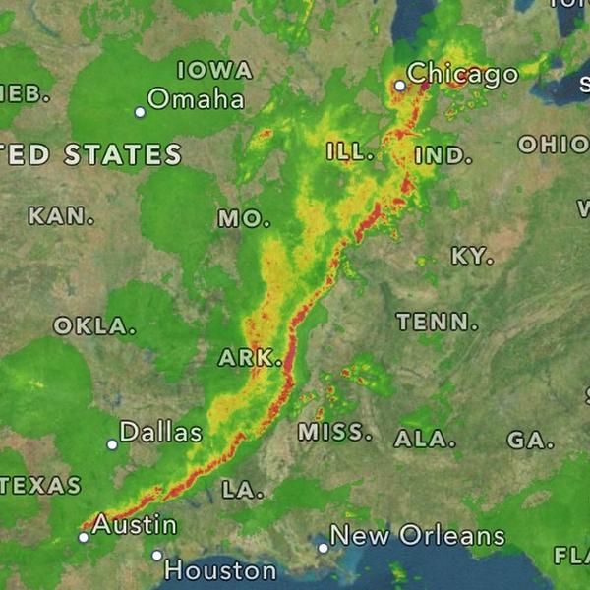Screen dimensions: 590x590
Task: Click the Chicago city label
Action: pyautogui.click(x=463, y=74)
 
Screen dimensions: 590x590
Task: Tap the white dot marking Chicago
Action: pyautogui.click(x=400, y=86)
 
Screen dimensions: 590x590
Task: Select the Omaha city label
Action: pyautogui.click(x=197, y=99)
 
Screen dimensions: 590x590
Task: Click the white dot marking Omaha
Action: pyautogui.click(x=140, y=112)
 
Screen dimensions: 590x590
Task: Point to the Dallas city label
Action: pyautogui.click(x=160, y=432)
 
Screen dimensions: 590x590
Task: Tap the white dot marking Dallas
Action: pyautogui.click(x=112, y=444)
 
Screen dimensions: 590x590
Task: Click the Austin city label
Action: pyautogui.click(x=135, y=525)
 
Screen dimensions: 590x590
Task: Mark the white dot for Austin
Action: pyautogui.click(x=84, y=537)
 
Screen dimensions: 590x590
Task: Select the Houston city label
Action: pyautogui.click(x=220, y=570)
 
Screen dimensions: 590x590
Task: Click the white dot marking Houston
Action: pyautogui.click(x=156, y=556)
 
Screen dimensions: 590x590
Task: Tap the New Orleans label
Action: pyautogui.click(x=417, y=536)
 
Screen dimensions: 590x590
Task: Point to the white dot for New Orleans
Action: pyautogui.click(x=323, y=548)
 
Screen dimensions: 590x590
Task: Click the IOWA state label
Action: pyautogui.click(x=214, y=71)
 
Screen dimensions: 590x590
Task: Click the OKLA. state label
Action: pyautogui.click(x=94, y=325)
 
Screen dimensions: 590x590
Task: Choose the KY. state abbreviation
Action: pyautogui.click(x=472, y=257)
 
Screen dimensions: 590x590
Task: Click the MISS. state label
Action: pyautogui.click(x=335, y=432)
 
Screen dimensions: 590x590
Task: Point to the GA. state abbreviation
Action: pyautogui.click(x=531, y=441)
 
